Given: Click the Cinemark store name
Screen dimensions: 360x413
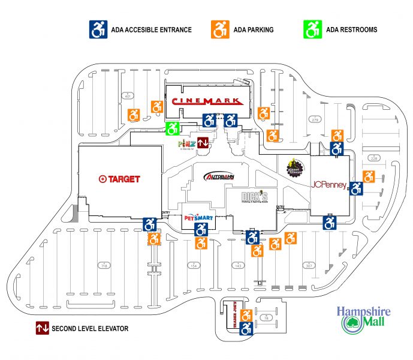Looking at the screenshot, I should (x=206, y=101).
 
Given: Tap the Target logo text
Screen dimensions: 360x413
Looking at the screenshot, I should (x=120, y=178).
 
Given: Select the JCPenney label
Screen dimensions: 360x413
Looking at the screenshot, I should (x=328, y=185).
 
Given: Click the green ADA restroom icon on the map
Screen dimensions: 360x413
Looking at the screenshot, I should (x=173, y=128).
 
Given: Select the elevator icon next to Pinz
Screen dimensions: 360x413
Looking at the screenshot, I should (x=203, y=143).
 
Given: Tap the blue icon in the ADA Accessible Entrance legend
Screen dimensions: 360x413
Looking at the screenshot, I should (x=98, y=28).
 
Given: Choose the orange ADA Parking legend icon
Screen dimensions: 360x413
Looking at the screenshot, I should (x=219, y=28).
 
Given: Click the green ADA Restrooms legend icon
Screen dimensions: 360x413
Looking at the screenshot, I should (x=313, y=28).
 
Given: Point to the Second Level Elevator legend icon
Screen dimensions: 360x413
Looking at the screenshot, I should (x=42, y=328).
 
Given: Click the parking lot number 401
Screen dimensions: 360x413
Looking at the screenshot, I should (x=128, y=96).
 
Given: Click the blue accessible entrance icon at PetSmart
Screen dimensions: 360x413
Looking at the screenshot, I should (x=201, y=229).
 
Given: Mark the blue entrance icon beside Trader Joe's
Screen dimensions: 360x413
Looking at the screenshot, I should (x=246, y=328).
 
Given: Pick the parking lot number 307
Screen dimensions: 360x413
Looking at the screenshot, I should (x=309, y=265).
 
